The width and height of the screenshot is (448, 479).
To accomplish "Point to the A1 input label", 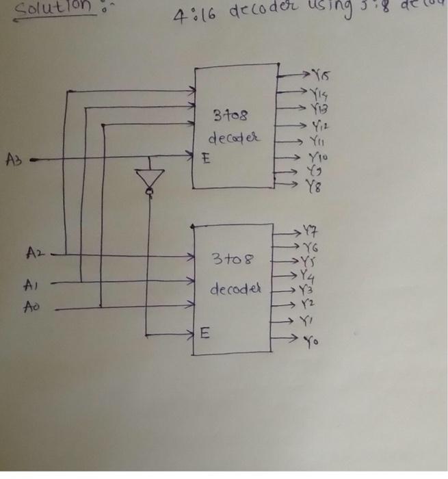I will [x=32, y=282].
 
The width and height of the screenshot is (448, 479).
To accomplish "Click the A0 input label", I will [x=31, y=309].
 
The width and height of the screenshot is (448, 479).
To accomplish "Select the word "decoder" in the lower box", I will [x=235, y=289].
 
